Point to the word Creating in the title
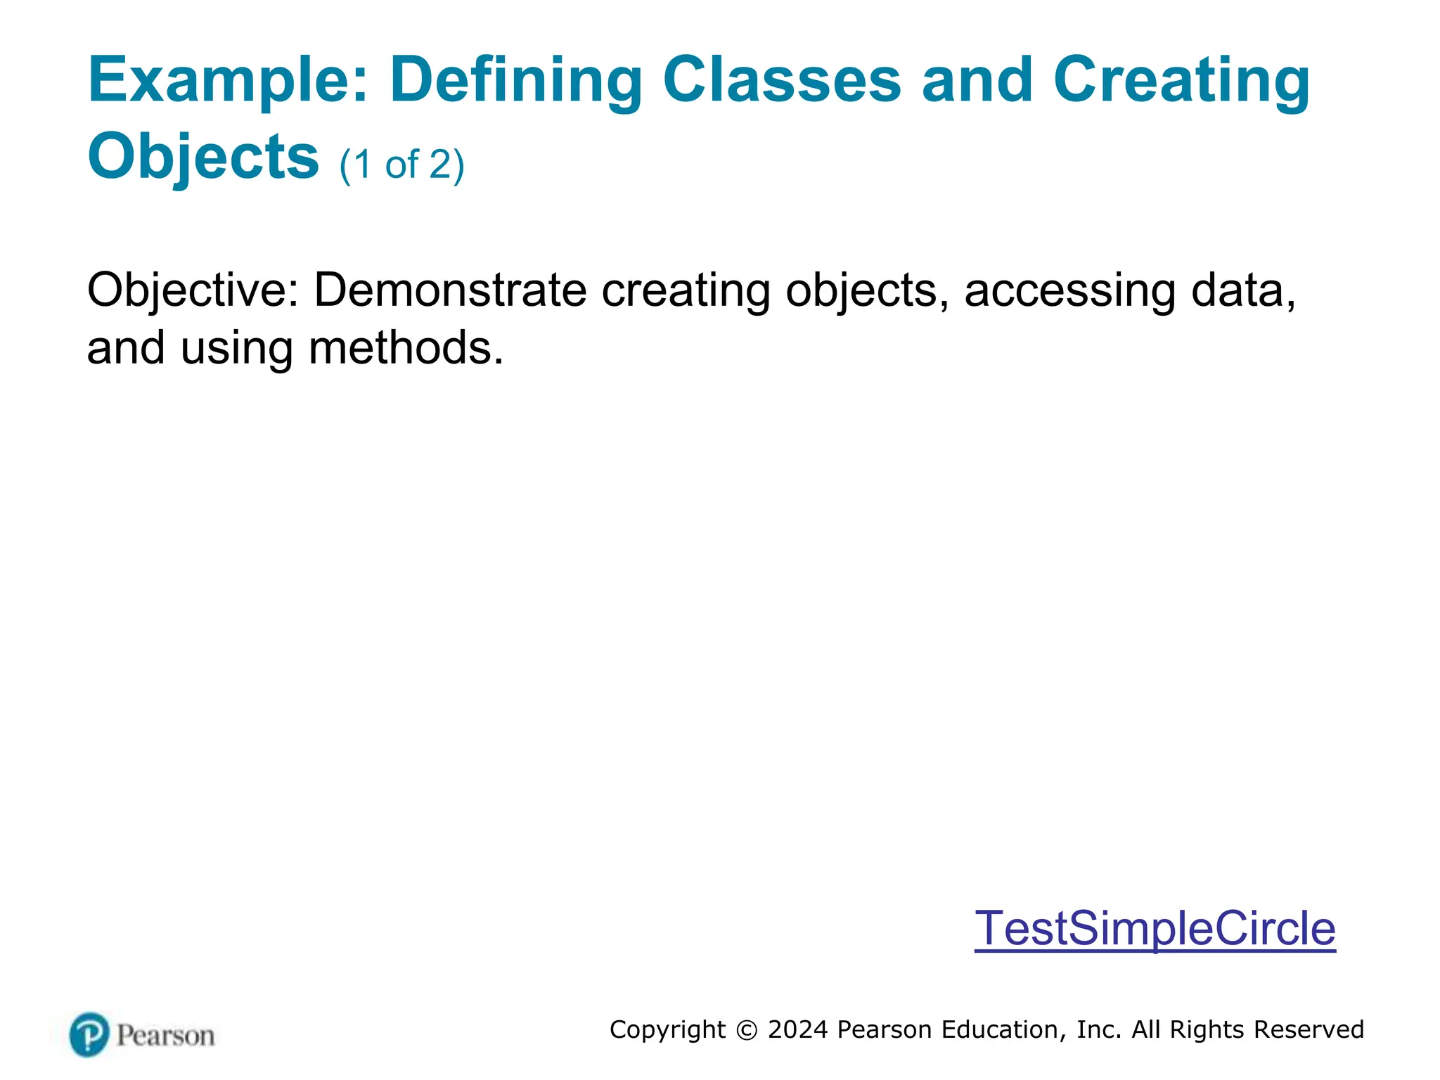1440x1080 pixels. (x=1181, y=81)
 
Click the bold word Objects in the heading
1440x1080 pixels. (x=203, y=157)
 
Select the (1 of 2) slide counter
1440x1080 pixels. (x=401, y=165)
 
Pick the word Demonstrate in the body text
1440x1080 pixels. (x=450, y=290)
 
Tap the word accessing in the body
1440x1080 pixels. (x=1069, y=290)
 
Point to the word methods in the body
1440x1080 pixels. (x=406, y=348)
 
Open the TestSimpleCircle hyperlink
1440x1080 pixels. (x=1155, y=928)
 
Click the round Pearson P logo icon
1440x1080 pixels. (x=89, y=1034)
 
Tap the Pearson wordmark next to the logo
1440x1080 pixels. (x=165, y=1036)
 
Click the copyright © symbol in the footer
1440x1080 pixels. (x=747, y=1030)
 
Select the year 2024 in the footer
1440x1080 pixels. (x=798, y=1029)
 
